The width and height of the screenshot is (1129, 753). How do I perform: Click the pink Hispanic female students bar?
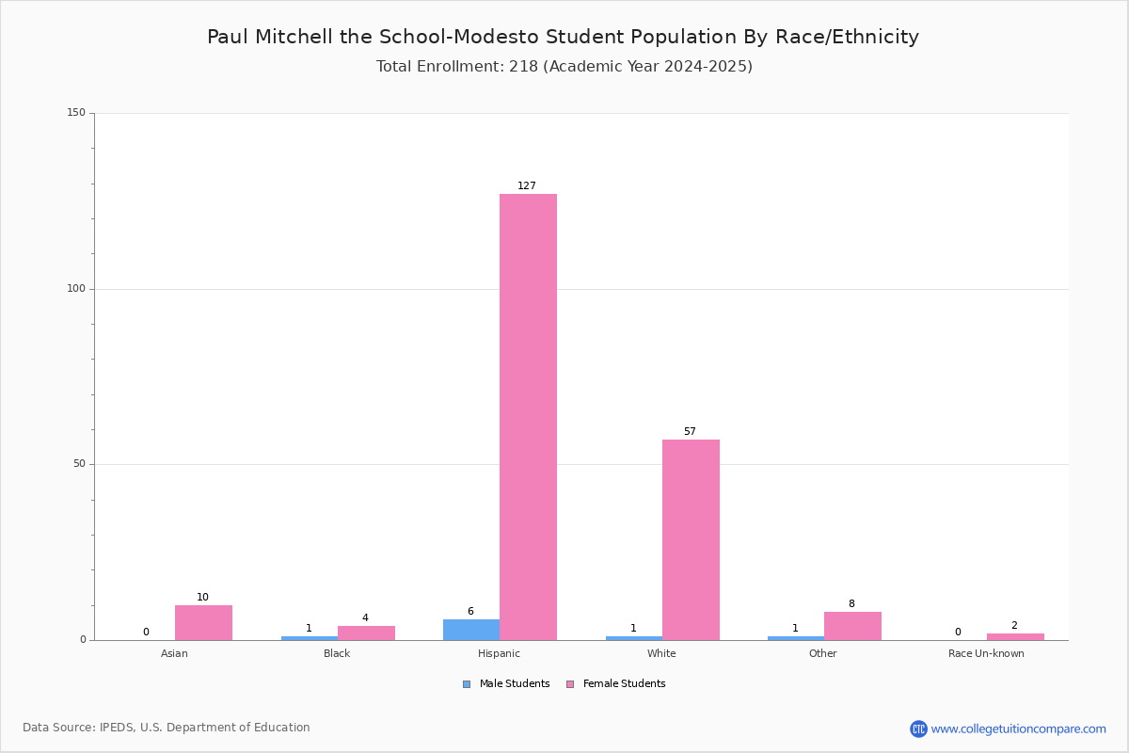(x=528, y=417)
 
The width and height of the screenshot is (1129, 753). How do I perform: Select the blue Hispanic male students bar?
(x=471, y=630)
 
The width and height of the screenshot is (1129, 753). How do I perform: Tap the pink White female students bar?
(x=691, y=539)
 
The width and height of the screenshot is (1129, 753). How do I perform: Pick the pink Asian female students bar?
(x=203, y=623)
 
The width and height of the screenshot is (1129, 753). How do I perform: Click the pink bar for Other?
(x=852, y=626)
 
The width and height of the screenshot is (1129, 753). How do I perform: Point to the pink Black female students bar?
(x=366, y=633)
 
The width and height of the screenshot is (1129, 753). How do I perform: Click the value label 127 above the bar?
(x=527, y=185)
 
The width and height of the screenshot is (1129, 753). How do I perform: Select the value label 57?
(x=690, y=431)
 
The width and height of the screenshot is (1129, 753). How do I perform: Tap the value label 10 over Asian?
(x=202, y=597)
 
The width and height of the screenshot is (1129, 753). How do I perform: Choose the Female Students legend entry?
(x=616, y=684)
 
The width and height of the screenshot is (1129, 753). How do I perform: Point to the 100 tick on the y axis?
(x=76, y=289)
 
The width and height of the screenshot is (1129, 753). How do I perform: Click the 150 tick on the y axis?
(x=76, y=113)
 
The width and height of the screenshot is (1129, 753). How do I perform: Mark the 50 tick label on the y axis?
(x=79, y=464)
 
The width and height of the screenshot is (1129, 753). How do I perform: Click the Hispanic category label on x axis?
(x=499, y=653)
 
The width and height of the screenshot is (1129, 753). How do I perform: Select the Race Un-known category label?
(x=986, y=653)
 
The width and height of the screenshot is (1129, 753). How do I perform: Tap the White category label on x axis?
(x=661, y=653)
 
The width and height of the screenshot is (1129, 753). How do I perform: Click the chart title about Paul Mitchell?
(x=563, y=37)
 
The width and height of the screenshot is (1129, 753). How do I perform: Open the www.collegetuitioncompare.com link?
(x=1018, y=729)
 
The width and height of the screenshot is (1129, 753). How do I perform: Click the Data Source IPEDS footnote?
(x=167, y=728)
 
